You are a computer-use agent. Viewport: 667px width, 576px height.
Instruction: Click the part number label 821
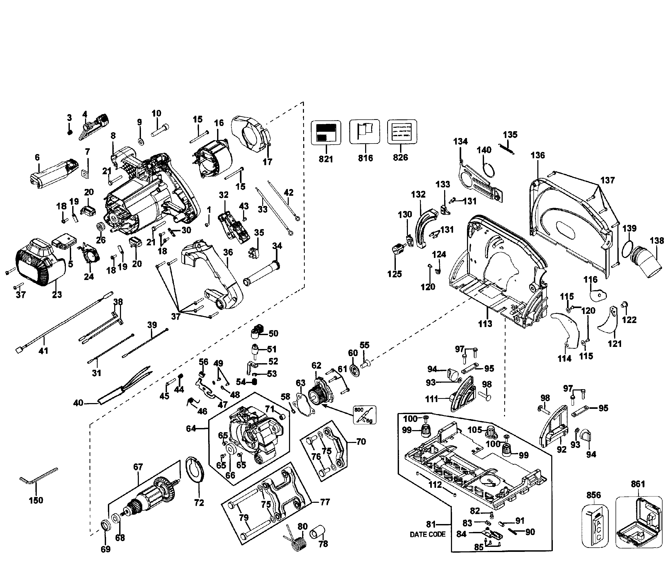pyautogui.click(x=325, y=159)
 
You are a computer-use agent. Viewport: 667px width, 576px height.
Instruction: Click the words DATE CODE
pyautogui.click(x=428, y=535)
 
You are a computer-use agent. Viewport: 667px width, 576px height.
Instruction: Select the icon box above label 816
pyautogui.click(x=364, y=132)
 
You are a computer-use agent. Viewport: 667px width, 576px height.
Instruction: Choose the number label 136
pyautogui.click(x=538, y=155)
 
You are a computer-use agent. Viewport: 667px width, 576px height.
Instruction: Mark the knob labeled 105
pyautogui.click(x=491, y=431)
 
